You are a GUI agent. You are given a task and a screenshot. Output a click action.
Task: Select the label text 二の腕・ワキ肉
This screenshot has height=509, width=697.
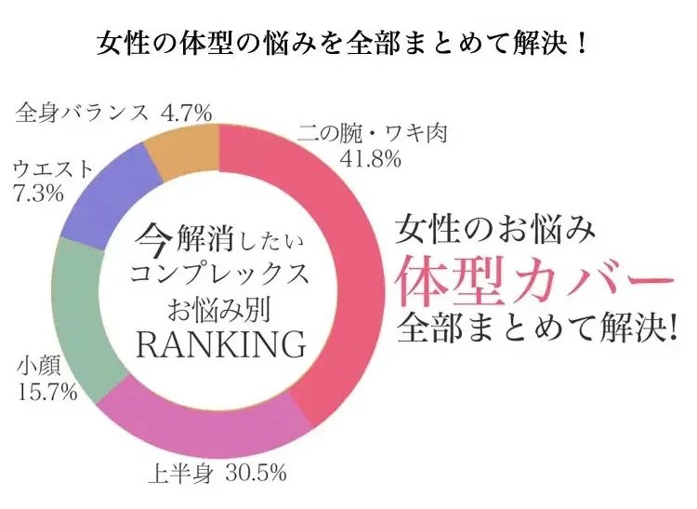click(x=373, y=135)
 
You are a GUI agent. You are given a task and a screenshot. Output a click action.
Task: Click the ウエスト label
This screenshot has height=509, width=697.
click(x=54, y=170)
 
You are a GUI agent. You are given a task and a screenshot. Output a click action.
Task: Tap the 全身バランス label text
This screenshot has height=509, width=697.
click(x=84, y=113)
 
